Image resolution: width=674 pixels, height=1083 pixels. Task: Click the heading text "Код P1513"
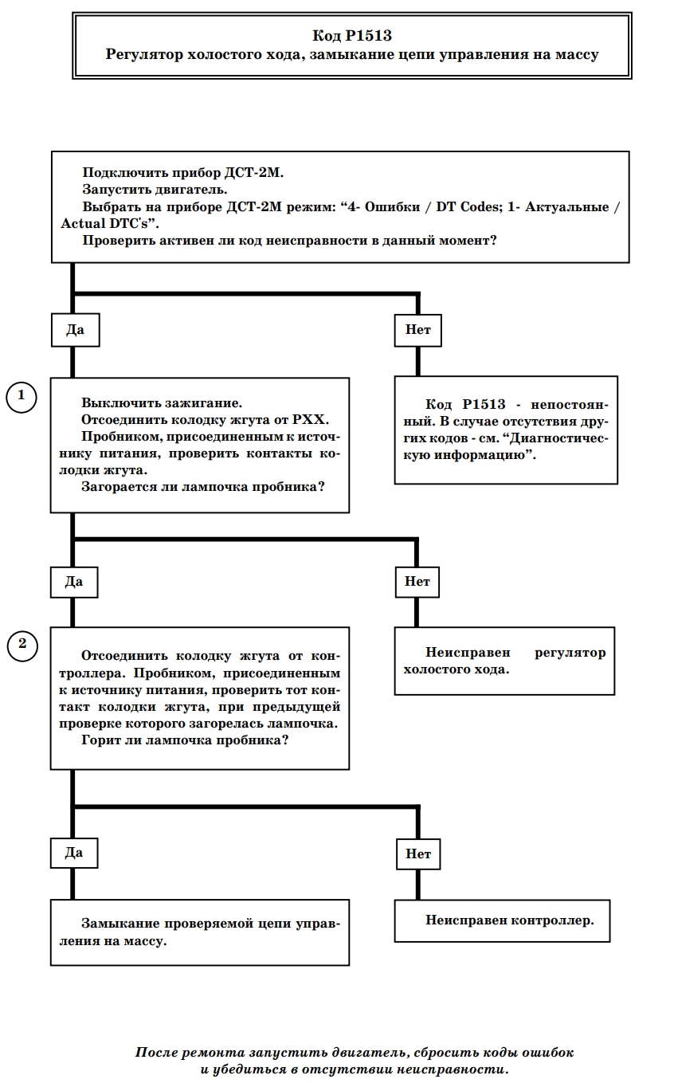tap(352, 35)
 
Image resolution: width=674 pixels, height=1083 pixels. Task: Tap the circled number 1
tap(22, 398)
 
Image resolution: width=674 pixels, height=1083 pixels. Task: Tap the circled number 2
tap(22, 647)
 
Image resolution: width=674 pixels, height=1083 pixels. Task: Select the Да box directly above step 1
tap(76, 330)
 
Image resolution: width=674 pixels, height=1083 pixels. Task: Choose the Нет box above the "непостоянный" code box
tap(417, 330)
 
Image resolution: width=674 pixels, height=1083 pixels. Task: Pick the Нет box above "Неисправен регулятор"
tap(417, 582)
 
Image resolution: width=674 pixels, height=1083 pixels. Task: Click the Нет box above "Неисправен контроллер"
tap(418, 854)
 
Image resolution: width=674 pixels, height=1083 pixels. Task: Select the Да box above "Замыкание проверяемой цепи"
tap(74, 853)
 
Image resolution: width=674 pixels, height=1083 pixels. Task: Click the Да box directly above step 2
tap(74, 582)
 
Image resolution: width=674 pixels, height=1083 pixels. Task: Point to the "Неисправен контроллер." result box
tap(503, 920)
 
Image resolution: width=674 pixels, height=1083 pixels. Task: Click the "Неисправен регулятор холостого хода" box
tap(504, 661)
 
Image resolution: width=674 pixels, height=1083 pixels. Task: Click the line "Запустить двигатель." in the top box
tap(155, 190)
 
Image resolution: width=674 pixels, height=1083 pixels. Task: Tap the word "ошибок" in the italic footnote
tap(546, 1053)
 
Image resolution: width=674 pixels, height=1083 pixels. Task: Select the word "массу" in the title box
tap(577, 55)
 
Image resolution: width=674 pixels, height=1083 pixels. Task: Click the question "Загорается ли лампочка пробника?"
tap(203, 487)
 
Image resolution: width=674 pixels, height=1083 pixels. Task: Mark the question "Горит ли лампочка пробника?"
tap(185, 740)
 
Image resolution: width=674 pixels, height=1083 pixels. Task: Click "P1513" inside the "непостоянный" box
tap(484, 404)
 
